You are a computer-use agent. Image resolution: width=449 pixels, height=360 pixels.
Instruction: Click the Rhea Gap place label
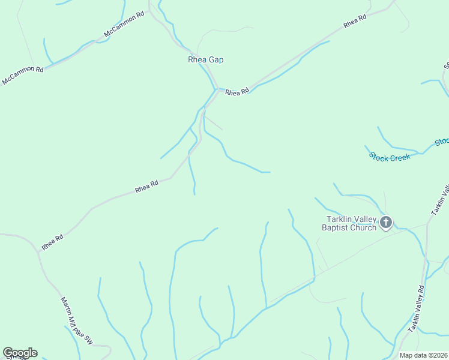[206, 60]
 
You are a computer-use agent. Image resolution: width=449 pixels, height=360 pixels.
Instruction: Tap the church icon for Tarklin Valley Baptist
[385, 223]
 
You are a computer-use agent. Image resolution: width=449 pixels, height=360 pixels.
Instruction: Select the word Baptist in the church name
[340, 227]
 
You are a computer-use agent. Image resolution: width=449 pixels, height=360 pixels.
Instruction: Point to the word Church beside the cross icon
[366, 227]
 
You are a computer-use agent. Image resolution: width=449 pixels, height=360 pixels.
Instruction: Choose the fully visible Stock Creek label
[390, 157]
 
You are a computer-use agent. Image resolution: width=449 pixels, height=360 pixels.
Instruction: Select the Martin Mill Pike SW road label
[77, 321]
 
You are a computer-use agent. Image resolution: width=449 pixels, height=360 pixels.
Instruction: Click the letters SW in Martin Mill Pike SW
[88, 339]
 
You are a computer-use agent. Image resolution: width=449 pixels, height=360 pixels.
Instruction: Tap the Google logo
[20, 353]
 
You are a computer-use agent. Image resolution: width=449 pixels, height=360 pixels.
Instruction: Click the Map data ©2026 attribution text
[423, 355]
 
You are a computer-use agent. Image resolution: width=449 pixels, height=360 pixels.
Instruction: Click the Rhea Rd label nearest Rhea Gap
[237, 92]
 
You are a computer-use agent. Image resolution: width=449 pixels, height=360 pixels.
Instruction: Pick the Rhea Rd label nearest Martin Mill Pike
[52, 242]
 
